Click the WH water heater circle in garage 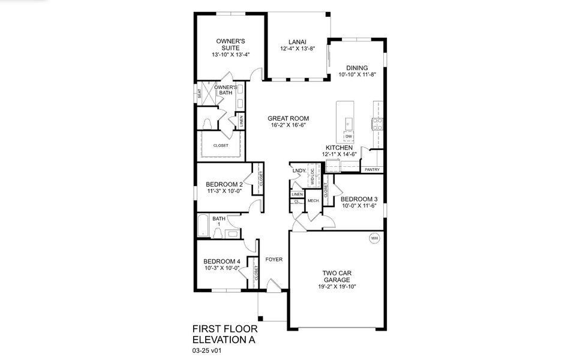point(375,238)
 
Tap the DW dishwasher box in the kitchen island point(348,136)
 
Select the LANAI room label point(294,41)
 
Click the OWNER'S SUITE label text point(230,44)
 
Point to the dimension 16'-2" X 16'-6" point(287,127)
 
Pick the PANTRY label point(372,170)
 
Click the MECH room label point(312,200)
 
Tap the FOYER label point(274,259)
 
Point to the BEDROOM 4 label point(221,261)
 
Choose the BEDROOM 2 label point(224,184)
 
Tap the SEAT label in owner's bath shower point(200,94)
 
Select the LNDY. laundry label point(299,171)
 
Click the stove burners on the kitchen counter point(378,124)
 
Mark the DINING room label point(357,68)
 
